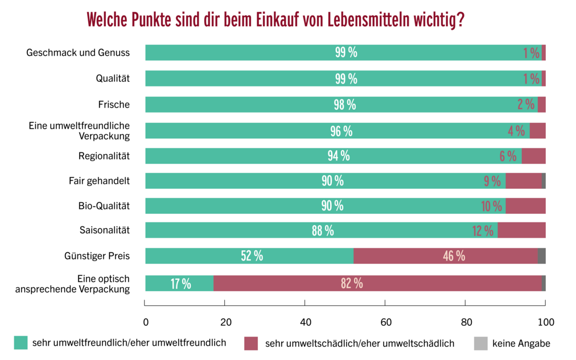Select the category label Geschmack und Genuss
pyautogui.click(x=78, y=53)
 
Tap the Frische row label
pyautogui.click(x=114, y=105)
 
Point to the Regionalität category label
pyautogui.click(x=104, y=156)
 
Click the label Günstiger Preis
pyautogui.click(x=97, y=256)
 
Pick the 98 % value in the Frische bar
pyautogui.click(x=344, y=105)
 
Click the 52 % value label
pyautogui.click(x=252, y=256)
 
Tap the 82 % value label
pyautogui.click(x=352, y=283)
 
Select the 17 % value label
pyautogui.click(x=180, y=283)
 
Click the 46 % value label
pyautogui.click(x=454, y=256)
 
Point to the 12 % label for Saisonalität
pyautogui.click(x=483, y=230)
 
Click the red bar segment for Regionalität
pyautogui.click(x=533, y=156)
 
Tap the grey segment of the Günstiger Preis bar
pyautogui.click(x=541, y=256)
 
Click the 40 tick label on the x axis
pyautogui.click(x=306, y=322)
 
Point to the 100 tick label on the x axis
pyautogui.click(x=546, y=322)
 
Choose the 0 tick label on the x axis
pyautogui.click(x=146, y=322)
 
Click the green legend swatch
pyautogui.click(x=20, y=342)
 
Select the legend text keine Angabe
pyautogui.click(x=521, y=343)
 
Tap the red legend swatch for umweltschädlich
pyautogui.click(x=251, y=343)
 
